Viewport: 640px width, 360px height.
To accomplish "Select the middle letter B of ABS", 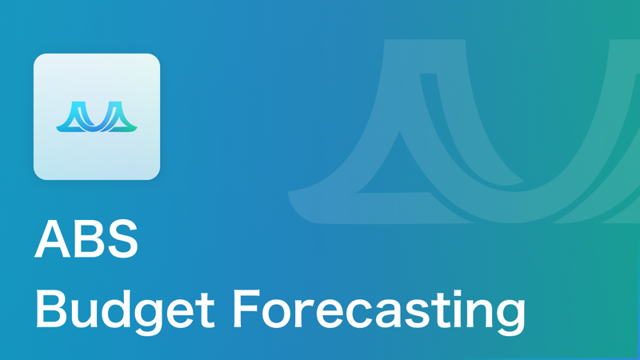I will pos(86,241).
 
